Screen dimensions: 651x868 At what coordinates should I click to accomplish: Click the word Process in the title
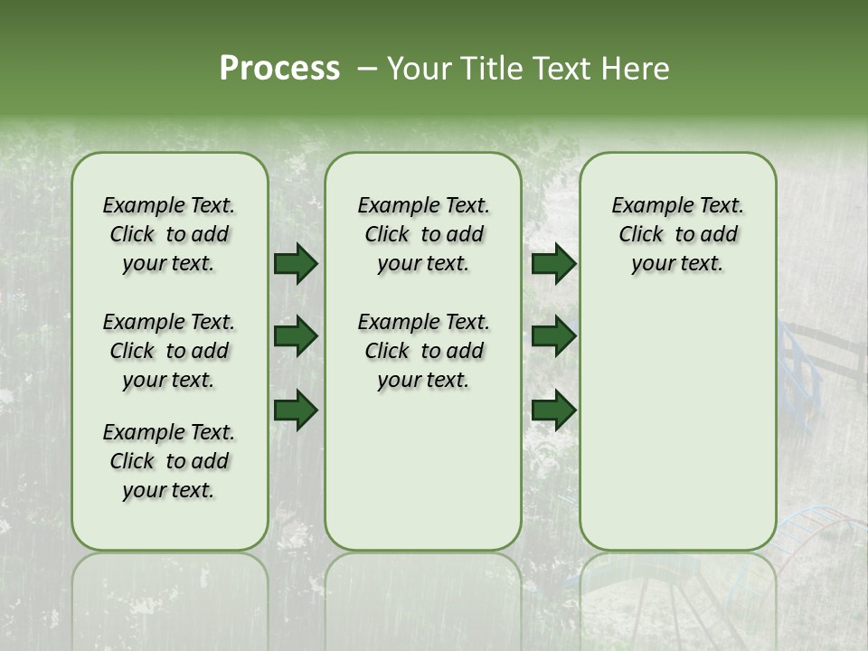[279, 69]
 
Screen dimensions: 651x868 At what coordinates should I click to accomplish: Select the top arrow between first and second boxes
[296, 264]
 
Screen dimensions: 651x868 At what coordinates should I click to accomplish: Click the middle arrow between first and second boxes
[296, 337]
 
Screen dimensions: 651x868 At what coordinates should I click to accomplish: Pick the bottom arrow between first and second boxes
[296, 410]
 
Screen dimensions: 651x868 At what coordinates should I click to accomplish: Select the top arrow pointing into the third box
[553, 264]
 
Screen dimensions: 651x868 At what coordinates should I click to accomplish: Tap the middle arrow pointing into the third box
[553, 337]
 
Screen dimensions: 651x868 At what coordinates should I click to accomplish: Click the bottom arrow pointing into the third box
[553, 410]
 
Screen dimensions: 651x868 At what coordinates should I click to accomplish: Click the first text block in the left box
[169, 234]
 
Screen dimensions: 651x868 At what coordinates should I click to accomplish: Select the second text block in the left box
[169, 351]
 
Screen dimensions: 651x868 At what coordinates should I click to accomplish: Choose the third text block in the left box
[169, 461]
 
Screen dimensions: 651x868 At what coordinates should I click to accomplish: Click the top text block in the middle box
[423, 234]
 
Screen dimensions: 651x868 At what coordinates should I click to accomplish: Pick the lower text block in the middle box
[423, 351]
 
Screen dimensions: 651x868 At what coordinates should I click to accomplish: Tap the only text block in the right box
[678, 234]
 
